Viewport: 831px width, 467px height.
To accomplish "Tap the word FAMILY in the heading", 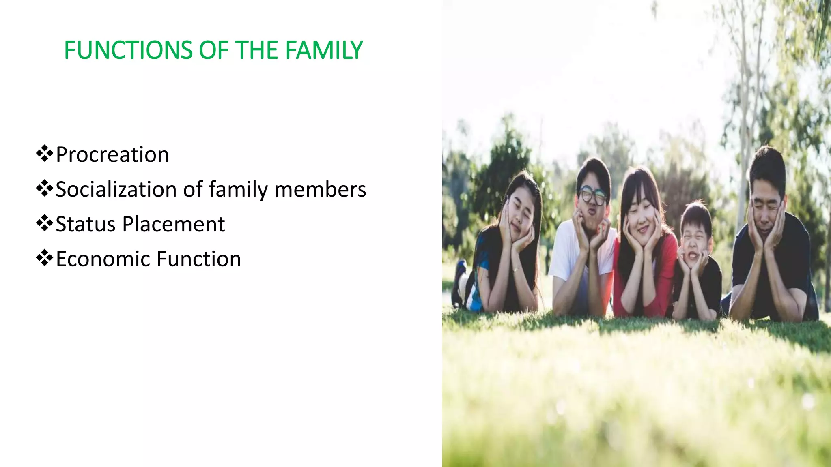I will point(324,50).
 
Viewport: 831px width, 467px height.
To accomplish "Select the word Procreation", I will point(112,155).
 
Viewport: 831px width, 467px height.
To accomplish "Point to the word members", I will point(320,190).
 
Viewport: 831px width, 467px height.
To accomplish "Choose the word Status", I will point(86,224).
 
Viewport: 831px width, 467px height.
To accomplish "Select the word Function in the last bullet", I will point(199,259).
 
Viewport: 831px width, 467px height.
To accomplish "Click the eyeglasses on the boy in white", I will point(593,195).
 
